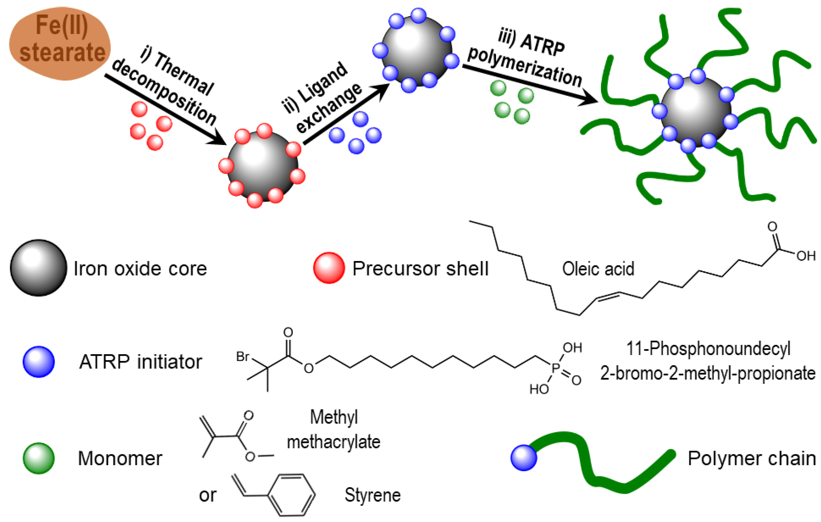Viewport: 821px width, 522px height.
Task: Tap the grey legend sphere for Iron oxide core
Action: tap(38, 268)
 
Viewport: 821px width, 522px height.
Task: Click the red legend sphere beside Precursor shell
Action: tap(329, 268)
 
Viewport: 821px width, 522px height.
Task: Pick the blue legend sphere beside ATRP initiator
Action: tap(38, 362)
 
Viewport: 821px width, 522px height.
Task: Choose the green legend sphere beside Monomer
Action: tap(38, 458)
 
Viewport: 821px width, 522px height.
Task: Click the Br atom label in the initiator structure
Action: tap(243, 357)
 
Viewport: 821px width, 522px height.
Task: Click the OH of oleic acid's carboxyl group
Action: tap(806, 256)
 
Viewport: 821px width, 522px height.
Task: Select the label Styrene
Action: tap(372, 495)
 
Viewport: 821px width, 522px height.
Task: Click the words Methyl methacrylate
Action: tap(334, 430)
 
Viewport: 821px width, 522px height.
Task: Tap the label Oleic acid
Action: tap(598, 269)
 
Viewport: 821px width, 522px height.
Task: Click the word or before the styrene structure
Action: tap(207, 495)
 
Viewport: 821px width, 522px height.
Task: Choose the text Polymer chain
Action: tap(752, 458)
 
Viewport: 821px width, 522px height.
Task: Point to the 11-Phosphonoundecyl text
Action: tap(708, 349)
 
